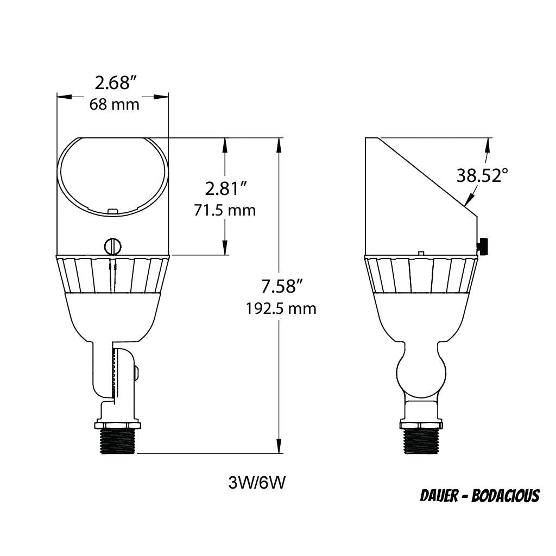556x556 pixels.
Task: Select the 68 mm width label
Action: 115,104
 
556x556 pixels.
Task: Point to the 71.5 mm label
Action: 225,210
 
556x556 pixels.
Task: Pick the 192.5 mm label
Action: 281,308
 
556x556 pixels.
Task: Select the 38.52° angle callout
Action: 482,175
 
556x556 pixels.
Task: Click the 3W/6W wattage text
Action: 257,482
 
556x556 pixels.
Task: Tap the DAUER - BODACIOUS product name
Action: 479,496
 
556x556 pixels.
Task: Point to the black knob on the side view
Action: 483,246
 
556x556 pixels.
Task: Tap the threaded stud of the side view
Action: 421,441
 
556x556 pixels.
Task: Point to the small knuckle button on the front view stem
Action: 136,372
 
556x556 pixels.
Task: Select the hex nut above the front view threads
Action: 118,423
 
